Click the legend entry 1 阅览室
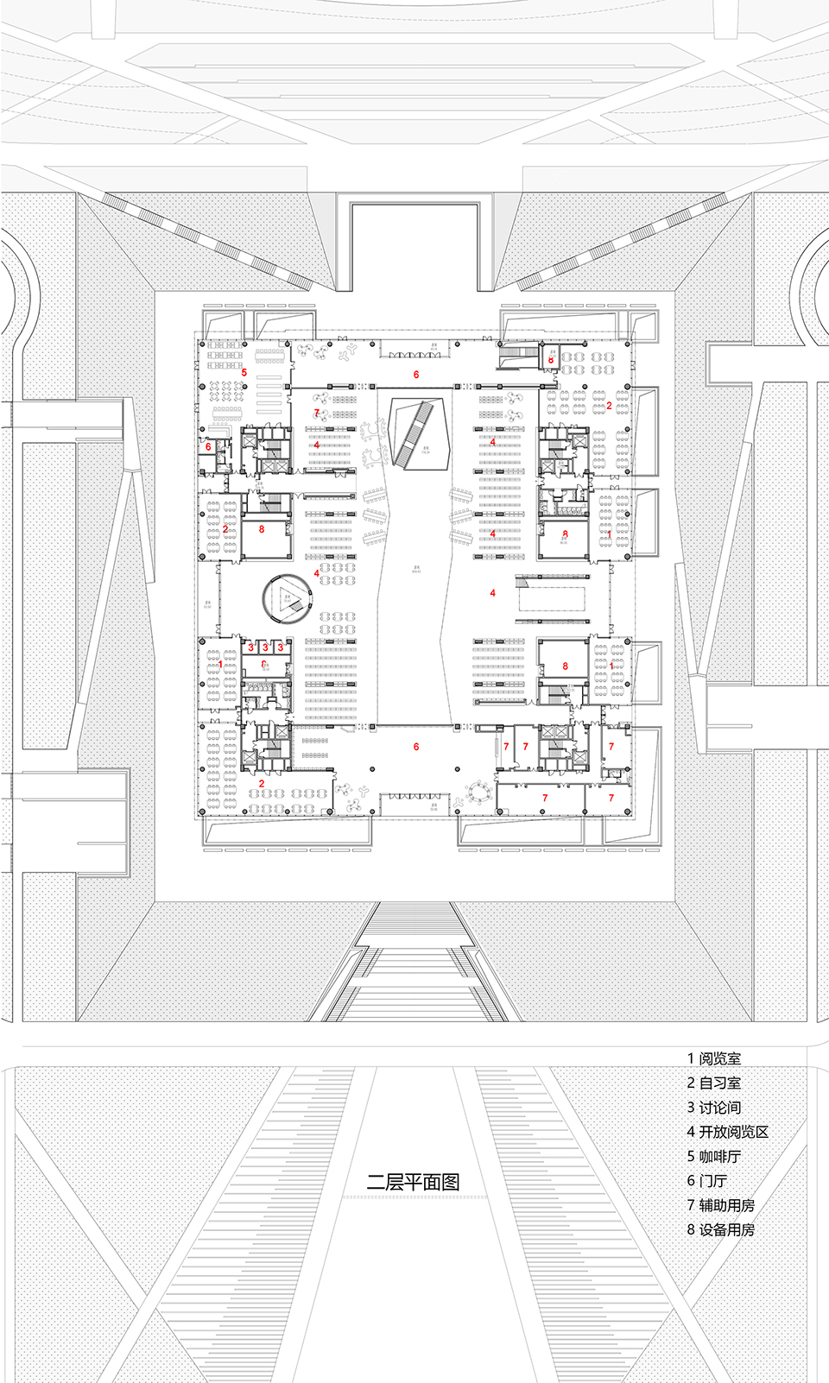coord(714,1058)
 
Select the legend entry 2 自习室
coord(714,1083)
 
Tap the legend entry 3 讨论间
coord(714,1108)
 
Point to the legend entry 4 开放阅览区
coord(727,1132)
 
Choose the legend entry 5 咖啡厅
coord(714,1156)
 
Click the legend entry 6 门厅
coord(707,1180)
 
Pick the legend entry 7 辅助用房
coord(721,1205)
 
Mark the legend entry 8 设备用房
coord(721,1229)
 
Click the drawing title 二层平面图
coord(414,1182)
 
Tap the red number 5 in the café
coord(244,373)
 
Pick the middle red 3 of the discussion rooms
coord(265,647)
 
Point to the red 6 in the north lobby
coord(416,375)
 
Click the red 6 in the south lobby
coord(416,747)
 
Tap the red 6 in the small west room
coord(208,446)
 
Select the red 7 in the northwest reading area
coord(316,414)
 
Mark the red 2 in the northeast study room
coord(609,405)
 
